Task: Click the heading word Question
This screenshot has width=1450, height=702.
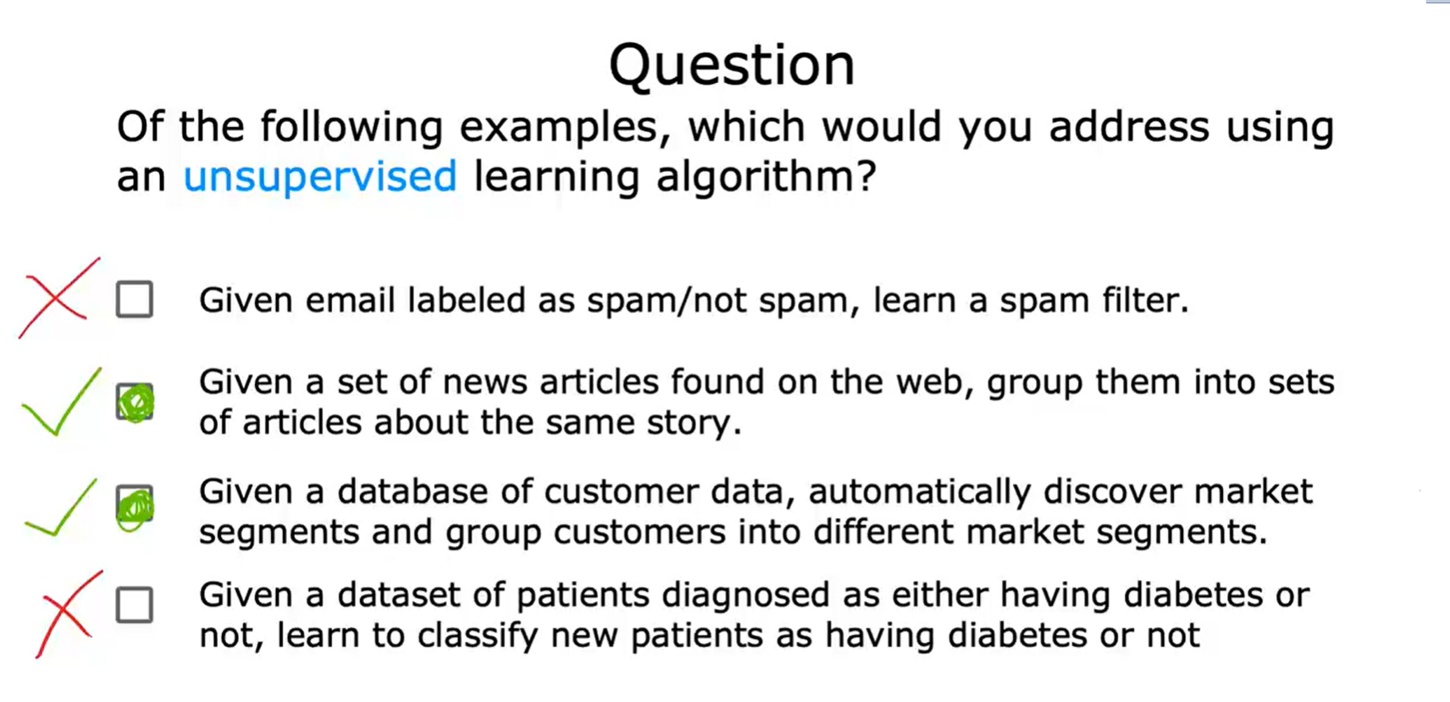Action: (732, 65)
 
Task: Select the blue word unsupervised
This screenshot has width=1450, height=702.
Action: (320, 176)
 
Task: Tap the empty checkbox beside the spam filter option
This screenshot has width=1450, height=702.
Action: (135, 299)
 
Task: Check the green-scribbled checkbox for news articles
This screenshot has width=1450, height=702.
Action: (135, 401)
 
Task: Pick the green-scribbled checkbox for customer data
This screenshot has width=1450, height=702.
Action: (135, 506)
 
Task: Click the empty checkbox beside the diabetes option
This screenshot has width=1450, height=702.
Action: (135, 605)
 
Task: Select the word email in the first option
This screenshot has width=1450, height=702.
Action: (350, 301)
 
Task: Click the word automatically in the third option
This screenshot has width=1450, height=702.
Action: (919, 493)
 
